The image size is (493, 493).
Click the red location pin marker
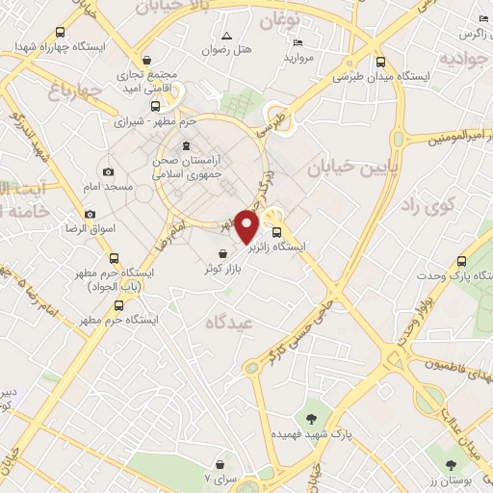point(247,225)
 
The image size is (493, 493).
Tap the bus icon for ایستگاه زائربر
point(277,232)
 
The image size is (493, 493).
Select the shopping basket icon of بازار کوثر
point(223,253)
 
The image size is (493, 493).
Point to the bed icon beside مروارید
point(298,43)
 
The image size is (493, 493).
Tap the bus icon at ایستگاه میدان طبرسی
point(380,62)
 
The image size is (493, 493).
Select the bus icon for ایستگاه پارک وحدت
point(461,261)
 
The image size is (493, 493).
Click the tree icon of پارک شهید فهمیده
point(311,418)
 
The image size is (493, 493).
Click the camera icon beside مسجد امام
point(108,172)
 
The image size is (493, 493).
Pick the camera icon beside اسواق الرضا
point(91,214)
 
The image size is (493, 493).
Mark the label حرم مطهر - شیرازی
point(143,122)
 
